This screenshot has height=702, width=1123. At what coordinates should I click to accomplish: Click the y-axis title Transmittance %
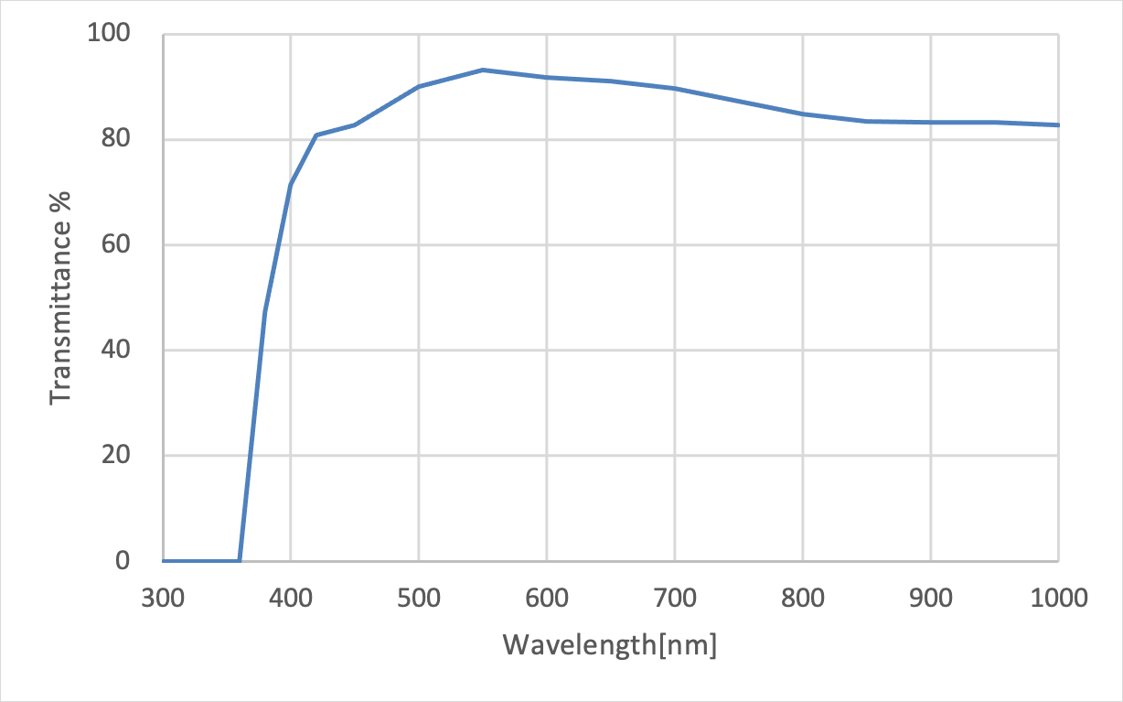point(61,297)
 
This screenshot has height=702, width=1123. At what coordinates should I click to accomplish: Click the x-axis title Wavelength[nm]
point(610,644)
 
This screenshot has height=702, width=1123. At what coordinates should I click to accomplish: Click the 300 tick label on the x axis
point(163,599)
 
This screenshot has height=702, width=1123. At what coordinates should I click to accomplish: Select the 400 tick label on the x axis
point(291,599)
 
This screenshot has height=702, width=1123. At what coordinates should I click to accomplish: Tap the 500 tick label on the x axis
point(419,599)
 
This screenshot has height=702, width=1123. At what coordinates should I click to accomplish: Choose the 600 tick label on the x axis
point(547,599)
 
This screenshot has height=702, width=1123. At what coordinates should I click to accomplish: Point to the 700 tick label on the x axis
point(675,599)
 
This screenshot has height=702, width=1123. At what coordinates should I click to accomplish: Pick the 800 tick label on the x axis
point(803,599)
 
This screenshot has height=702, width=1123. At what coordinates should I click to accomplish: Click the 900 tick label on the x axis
point(931,599)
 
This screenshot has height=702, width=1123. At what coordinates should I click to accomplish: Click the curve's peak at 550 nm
point(483,70)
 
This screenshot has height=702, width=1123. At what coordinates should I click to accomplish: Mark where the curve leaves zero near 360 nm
point(240,560)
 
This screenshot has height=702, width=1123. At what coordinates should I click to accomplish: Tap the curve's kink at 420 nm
point(316,135)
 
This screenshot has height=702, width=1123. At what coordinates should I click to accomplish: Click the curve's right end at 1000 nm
point(1058,125)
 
